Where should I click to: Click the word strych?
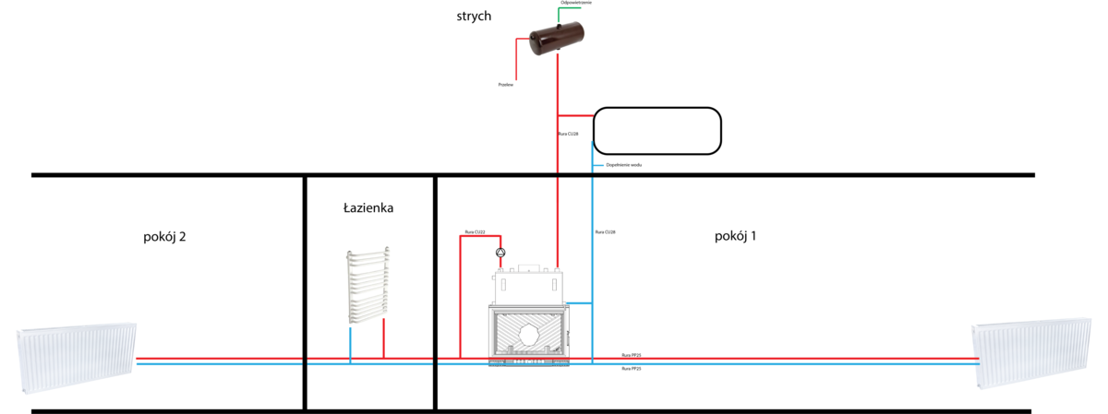[x=475, y=17]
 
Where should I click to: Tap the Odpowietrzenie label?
[x=576, y=4]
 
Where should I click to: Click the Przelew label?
[x=505, y=84]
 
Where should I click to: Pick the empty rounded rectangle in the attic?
[x=656, y=130]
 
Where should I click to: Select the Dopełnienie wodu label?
[x=623, y=164]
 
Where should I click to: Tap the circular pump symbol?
[x=500, y=252]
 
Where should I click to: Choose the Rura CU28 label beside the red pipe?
[x=569, y=134]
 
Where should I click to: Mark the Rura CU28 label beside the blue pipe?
[x=606, y=231]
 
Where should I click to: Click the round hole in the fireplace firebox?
[x=531, y=337]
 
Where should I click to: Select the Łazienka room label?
[x=368, y=208]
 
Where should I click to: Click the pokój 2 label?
[x=165, y=237]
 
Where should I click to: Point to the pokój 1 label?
[x=735, y=236]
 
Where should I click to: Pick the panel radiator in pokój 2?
[x=77, y=358]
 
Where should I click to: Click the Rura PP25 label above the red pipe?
[x=632, y=355]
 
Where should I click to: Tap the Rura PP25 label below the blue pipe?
[x=632, y=369]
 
